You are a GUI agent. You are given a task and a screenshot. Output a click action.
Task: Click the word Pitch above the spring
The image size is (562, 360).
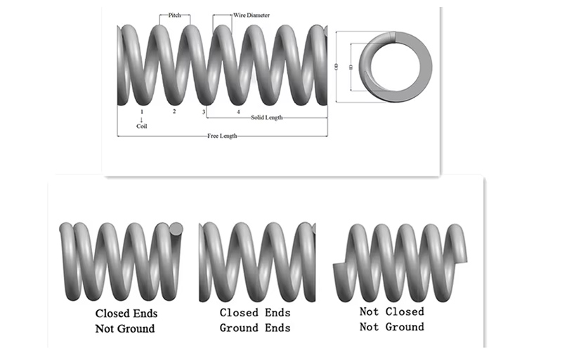pos(174,15)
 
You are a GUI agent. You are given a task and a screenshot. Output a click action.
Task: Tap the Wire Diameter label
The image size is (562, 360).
pos(251,15)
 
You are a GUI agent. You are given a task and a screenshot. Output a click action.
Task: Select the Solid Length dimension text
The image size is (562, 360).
pos(266,117)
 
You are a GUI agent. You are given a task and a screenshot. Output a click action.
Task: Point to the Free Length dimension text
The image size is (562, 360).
pos(221,135)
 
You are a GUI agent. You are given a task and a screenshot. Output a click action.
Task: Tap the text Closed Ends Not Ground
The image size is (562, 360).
pos(126,320)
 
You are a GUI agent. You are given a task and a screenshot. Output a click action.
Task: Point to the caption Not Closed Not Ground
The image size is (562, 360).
pos(391,319)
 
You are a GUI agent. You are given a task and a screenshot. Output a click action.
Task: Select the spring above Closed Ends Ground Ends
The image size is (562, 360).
pos(256,260)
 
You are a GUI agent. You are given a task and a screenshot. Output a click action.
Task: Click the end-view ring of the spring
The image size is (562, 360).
pos(390,67)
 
